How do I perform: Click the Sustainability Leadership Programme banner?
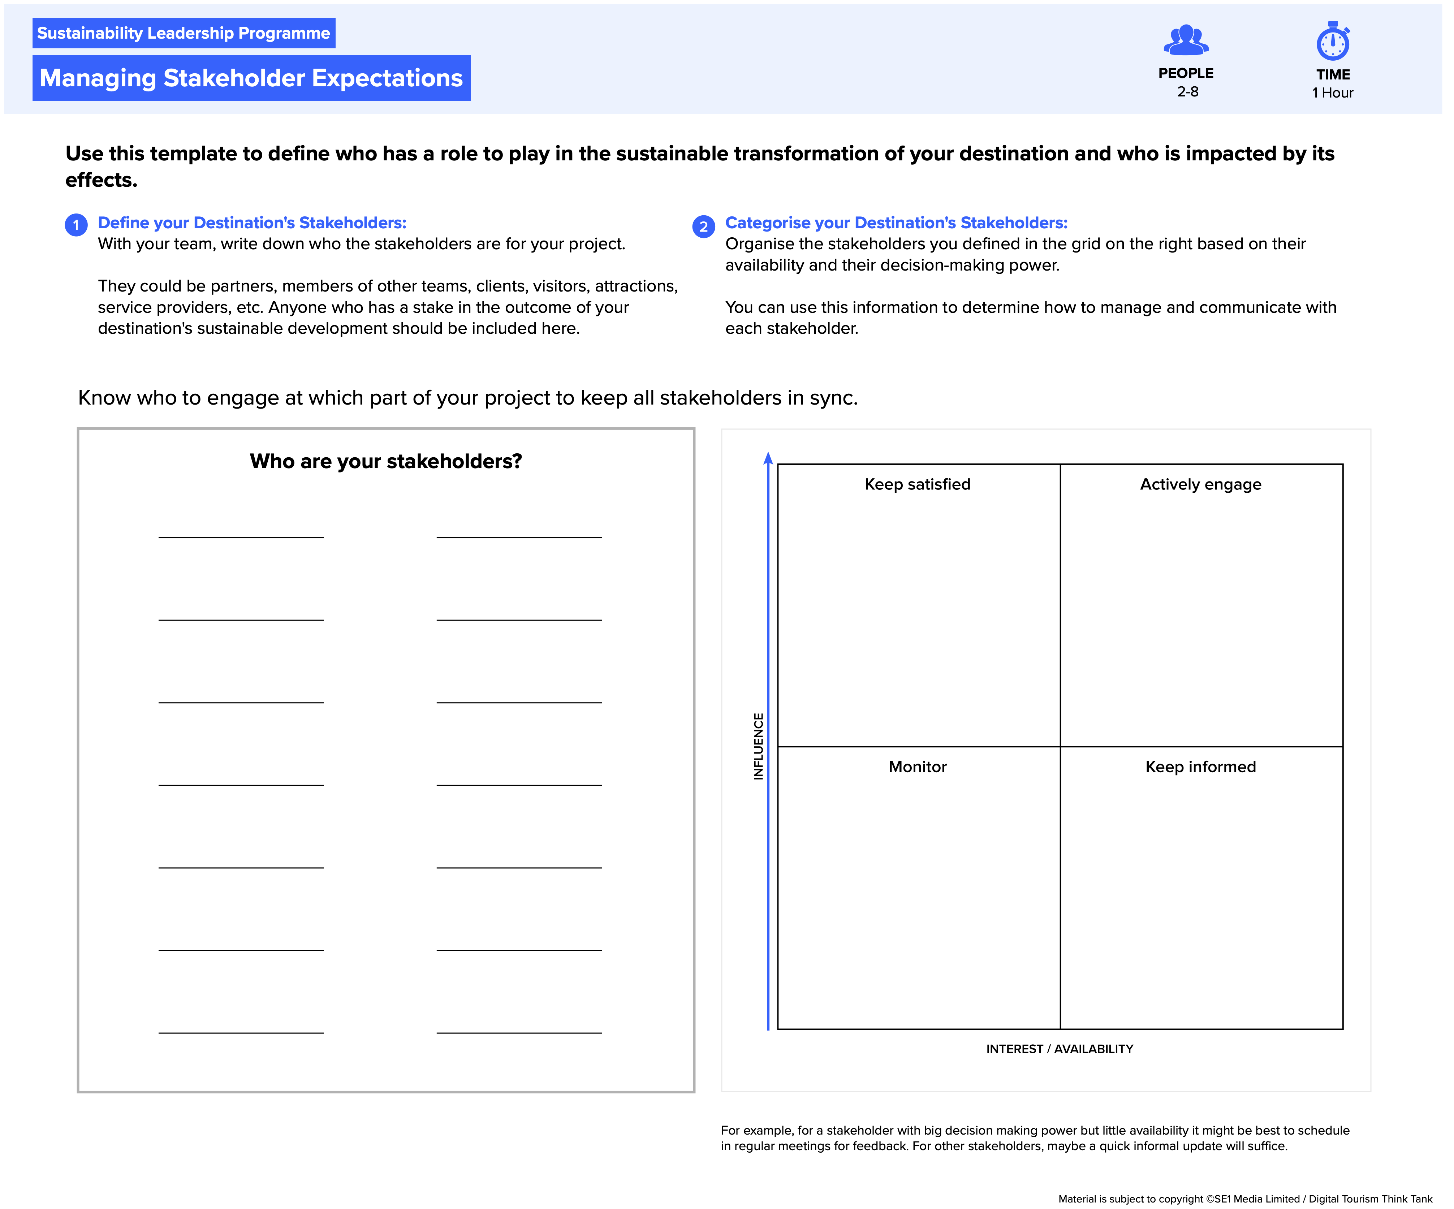pyautogui.click(x=184, y=33)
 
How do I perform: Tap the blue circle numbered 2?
pyautogui.click(x=703, y=226)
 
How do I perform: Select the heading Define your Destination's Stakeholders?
pyautogui.click(x=252, y=223)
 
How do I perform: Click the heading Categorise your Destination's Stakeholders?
pyautogui.click(x=896, y=223)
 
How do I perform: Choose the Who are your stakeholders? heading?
pyautogui.click(x=386, y=461)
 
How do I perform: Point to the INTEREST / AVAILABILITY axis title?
pyautogui.click(x=1059, y=1049)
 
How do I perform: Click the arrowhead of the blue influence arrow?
pyautogui.click(x=768, y=458)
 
